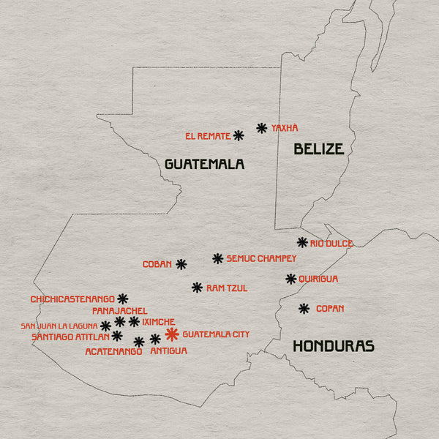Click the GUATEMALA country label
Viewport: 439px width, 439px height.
(x=204, y=164)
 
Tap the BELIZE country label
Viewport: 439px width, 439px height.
(x=318, y=149)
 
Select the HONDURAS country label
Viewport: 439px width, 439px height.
(x=334, y=346)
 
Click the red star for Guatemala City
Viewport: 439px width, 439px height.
(x=172, y=334)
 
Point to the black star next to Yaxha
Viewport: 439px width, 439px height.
(x=261, y=128)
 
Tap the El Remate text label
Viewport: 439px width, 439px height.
(x=208, y=136)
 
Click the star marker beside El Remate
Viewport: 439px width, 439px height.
(x=239, y=135)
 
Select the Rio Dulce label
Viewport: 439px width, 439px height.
(x=331, y=244)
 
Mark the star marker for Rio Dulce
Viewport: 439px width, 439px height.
(x=302, y=242)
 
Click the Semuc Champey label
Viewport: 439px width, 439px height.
(x=261, y=258)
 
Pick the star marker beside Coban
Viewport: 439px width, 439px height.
(x=181, y=264)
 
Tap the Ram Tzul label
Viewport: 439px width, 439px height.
(x=227, y=288)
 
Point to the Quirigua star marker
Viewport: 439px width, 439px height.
(x=291, y=279)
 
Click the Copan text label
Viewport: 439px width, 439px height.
(x=330, y=309)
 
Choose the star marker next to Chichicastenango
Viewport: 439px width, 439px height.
(x=122, y=299)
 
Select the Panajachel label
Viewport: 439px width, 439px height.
(x=120, y=311)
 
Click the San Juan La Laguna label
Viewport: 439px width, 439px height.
(x=59, y=326)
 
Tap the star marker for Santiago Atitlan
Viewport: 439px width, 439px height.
(x=117, y=336)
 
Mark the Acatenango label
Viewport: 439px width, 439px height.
(x=113, y=352)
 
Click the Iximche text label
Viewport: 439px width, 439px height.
(x=159, y=321)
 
